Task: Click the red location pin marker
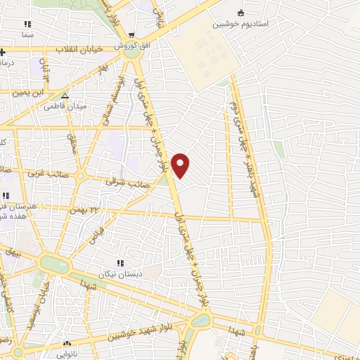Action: tap(181, 165)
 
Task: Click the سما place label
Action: tap(27, 33)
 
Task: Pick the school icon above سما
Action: tap(27, 24)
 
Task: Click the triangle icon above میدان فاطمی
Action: tap(65, 97)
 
